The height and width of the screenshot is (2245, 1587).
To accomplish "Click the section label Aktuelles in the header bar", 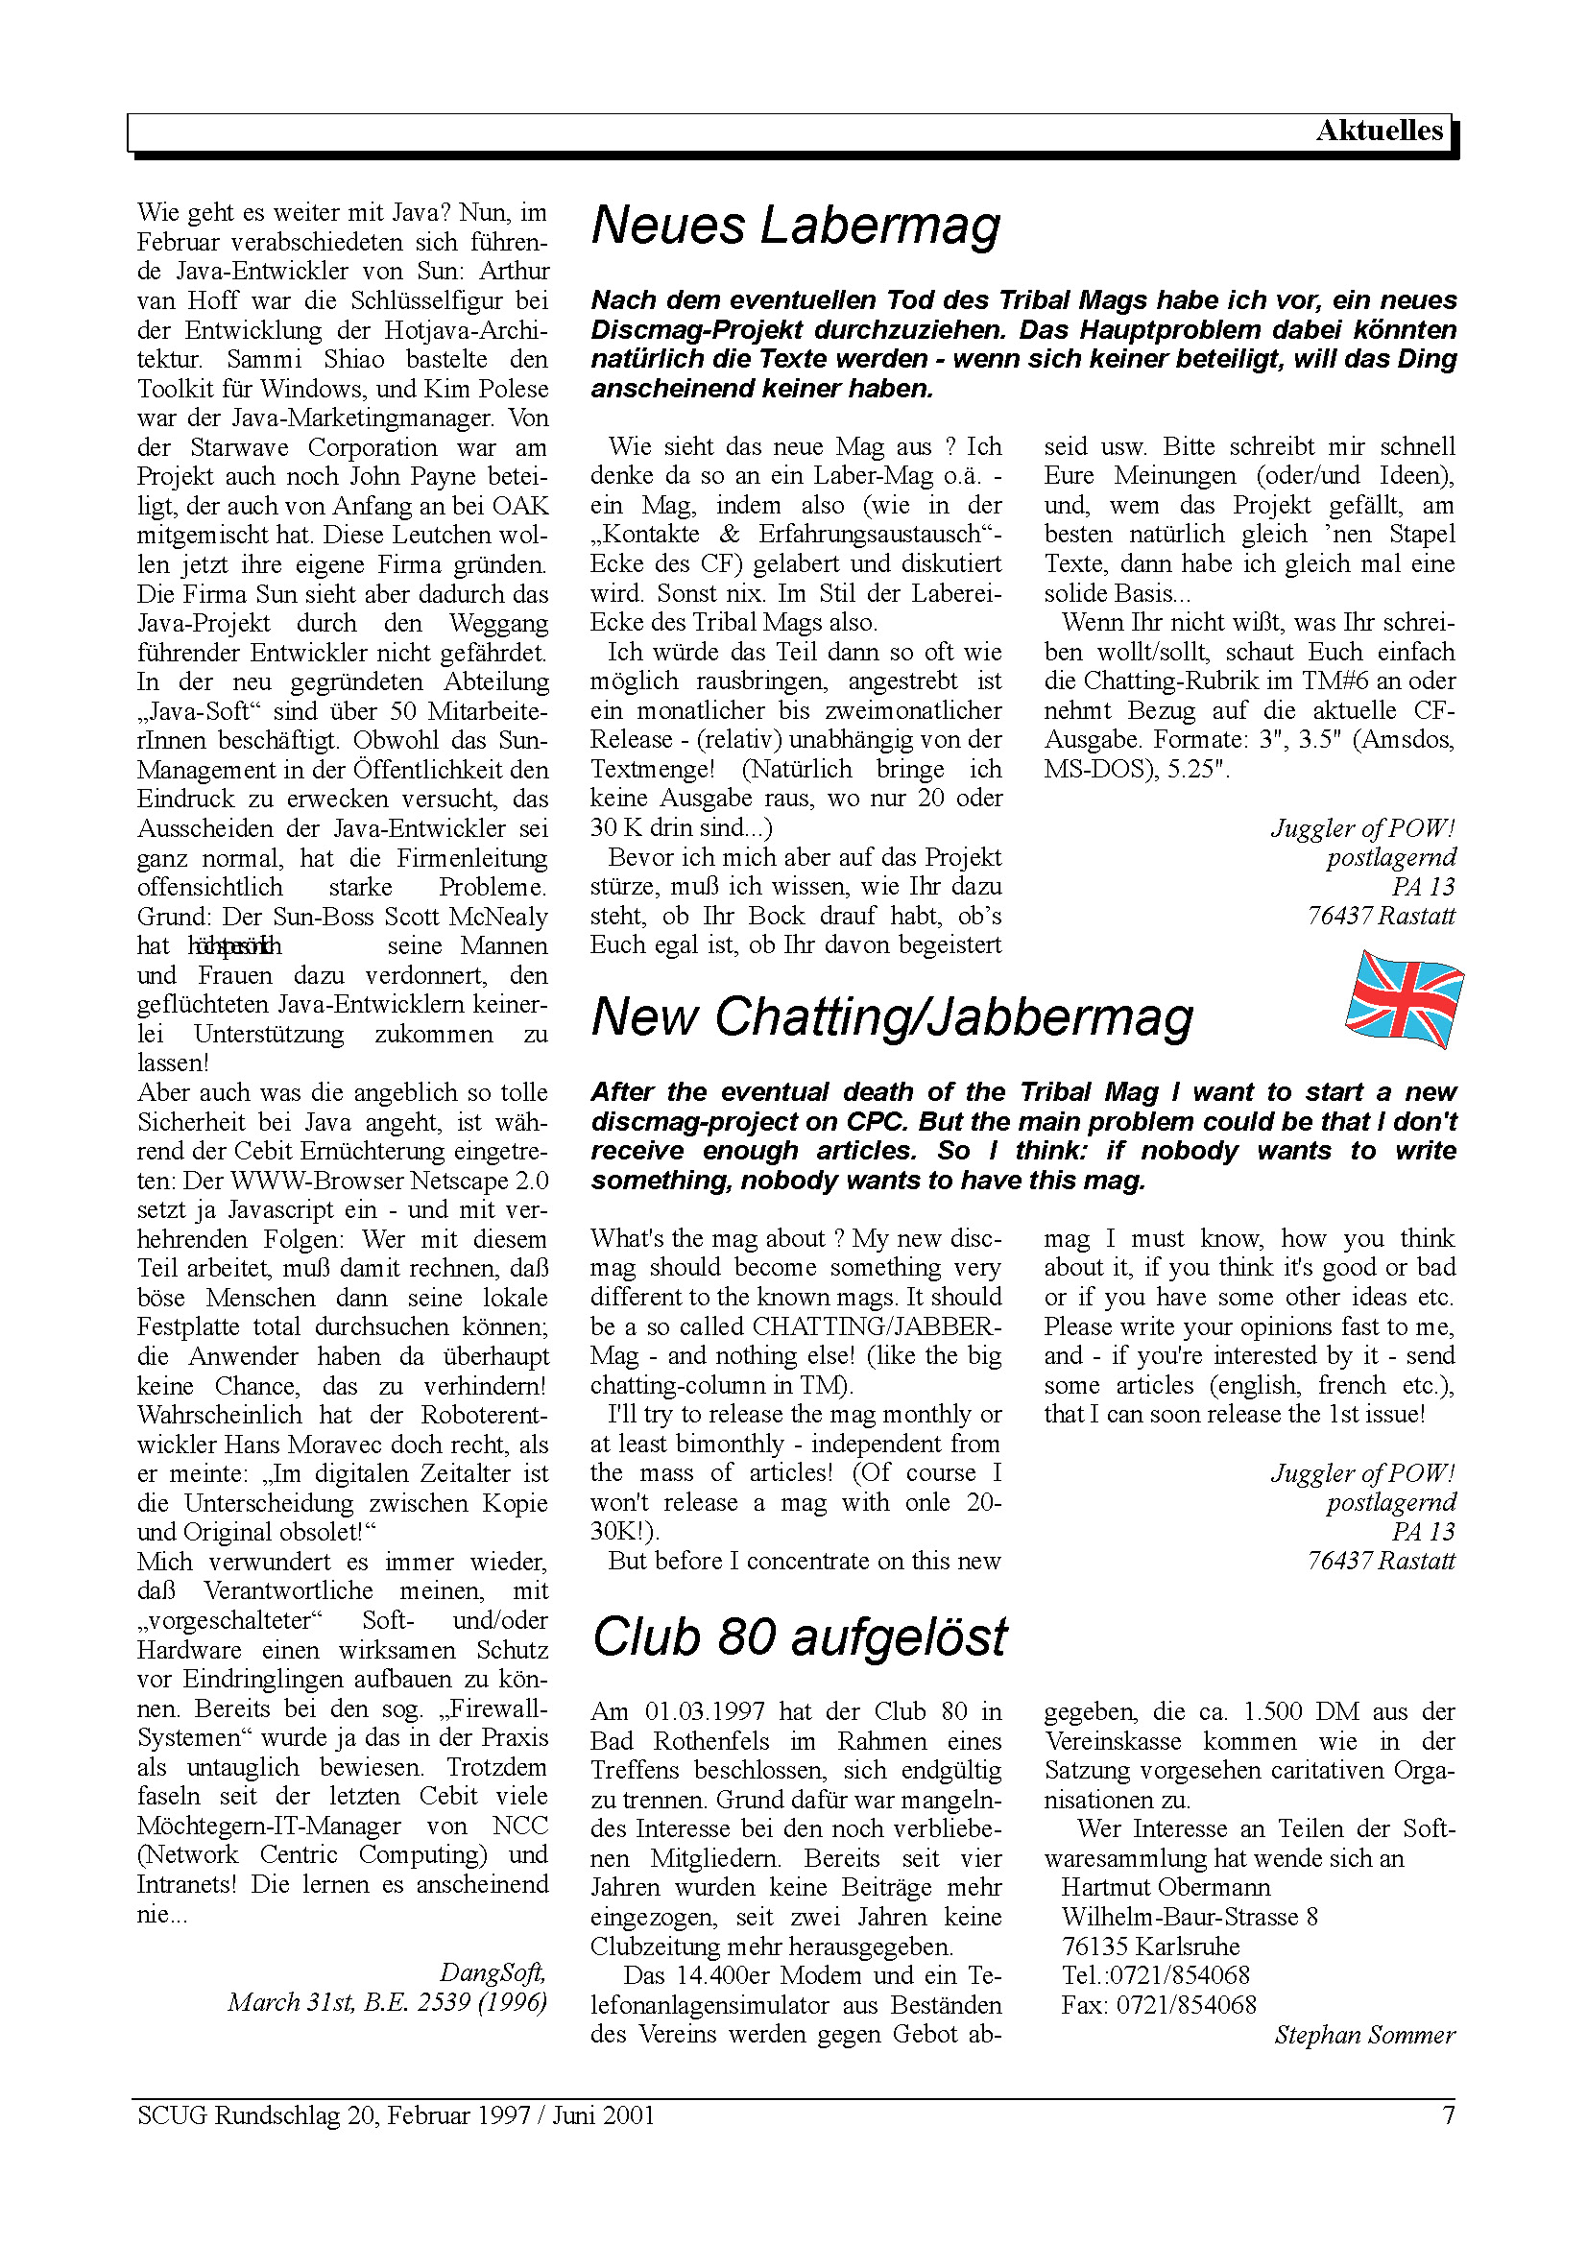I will tap(1378, 131).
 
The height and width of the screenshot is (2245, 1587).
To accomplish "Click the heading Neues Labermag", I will tap(795, 225).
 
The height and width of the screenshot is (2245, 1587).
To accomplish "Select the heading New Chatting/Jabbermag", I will tap(892, 1016).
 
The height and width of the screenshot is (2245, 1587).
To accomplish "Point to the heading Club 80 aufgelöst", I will tap(799, 1636).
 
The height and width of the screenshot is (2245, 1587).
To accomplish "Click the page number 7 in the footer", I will tap(1448, 2115).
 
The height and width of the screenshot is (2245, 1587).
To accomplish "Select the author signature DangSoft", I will tap(492, 1972).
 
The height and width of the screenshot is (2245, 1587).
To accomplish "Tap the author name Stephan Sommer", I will tap(1364, 2035).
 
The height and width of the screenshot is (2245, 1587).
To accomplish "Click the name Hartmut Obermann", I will tap(1166, 1888).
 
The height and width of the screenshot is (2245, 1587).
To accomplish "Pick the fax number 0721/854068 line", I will tap(1159, 2005).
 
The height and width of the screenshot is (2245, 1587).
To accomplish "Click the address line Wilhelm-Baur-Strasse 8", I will tap(1189, 1918).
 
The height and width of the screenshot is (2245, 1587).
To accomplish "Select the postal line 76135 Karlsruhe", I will tap(1150, 1946).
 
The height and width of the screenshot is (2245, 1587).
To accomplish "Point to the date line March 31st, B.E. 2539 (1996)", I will tap(387, 2001).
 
